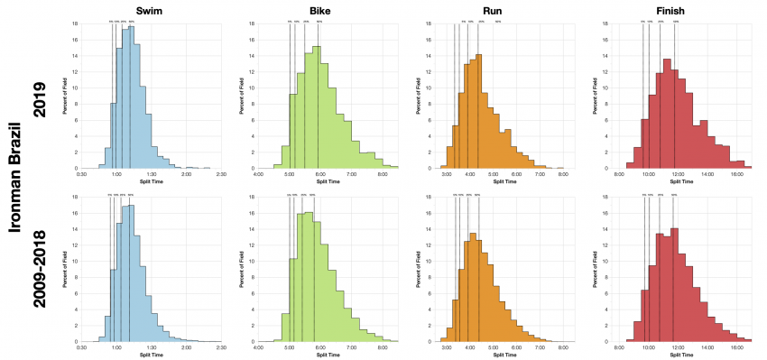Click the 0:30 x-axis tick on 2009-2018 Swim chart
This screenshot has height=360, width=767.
point(82,347)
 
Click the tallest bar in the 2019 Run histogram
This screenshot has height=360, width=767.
point(479,112)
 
